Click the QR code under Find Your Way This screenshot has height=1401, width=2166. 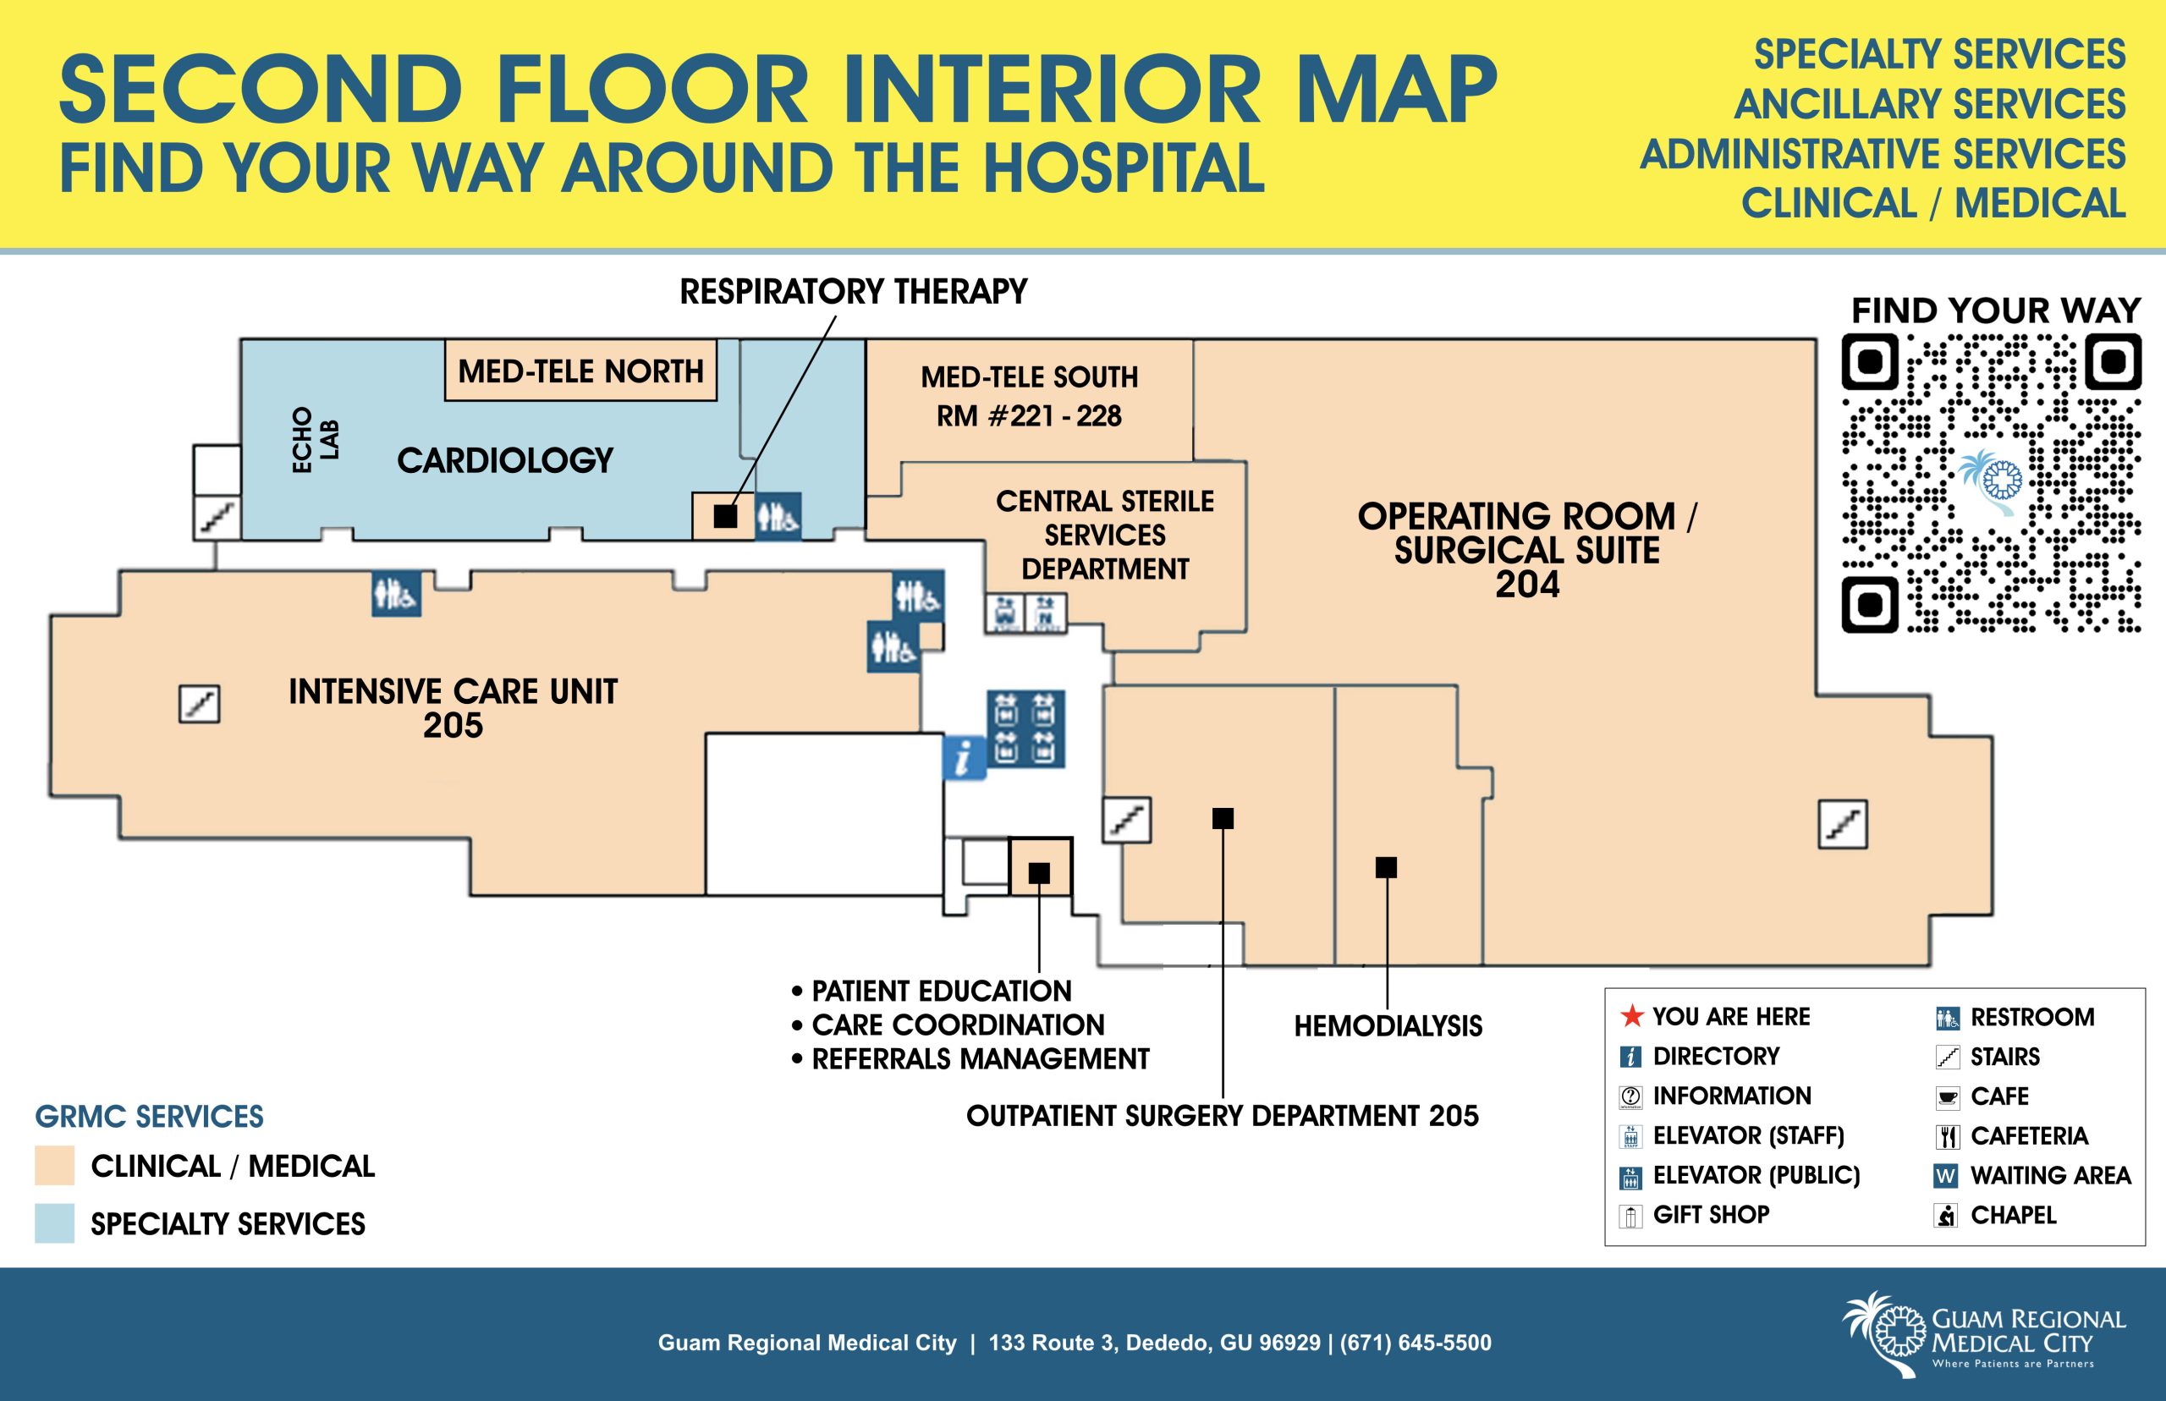[x=1992, y=483]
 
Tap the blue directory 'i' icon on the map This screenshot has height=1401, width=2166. [x=965, y=758]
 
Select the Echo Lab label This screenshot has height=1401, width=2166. [x=315, y=439]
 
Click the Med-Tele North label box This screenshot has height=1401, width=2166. [x=580, y=371]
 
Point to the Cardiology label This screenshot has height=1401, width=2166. [x=505, y=460]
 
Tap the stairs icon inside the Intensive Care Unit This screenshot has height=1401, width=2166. [x=199, y=703]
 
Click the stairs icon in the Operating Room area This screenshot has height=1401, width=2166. [x=1843, y=824]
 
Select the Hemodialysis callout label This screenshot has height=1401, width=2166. [x=1388, y=1026]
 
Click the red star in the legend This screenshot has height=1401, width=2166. [x=1632, y=1015]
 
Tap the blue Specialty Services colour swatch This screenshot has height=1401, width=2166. [x=55, y=1223]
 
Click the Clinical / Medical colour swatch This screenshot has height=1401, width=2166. [x=55, y=1165]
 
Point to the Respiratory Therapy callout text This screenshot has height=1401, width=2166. [x=854, y=292]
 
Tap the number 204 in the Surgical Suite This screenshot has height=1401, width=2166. [x=1527, y=585]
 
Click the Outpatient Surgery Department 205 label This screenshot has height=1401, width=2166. [x=1223, y=1116]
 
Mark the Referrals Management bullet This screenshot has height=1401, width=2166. [x=970, y=1059]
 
